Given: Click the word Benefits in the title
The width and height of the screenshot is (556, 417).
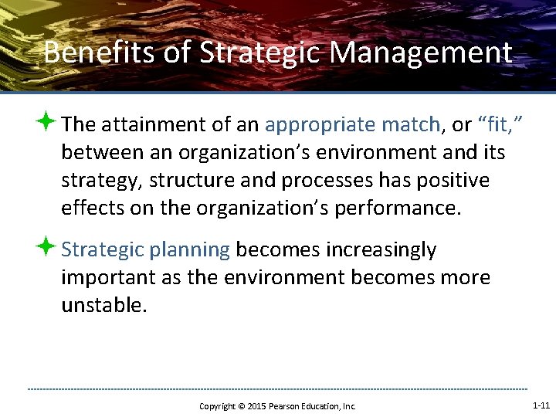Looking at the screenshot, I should [80, 53].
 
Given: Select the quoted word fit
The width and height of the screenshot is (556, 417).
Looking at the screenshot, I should [493, 124].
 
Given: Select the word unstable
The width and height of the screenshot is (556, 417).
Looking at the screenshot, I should [103, 305].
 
